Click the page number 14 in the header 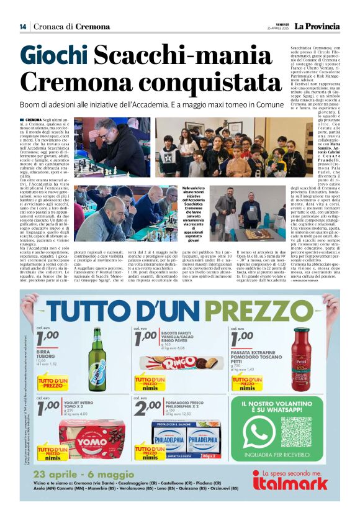(x=22, y=27)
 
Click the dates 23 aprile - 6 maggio (x=81, y=476)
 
